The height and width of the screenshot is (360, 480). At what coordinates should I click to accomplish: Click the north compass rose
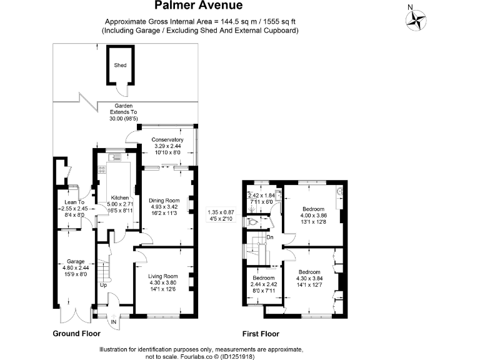click(415, 20)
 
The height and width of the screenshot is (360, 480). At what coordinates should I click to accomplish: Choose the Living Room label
click(163, 276)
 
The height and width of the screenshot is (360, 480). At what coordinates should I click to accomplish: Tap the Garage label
click(76, 262)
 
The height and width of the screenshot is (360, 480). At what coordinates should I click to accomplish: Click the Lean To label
click(74, 202)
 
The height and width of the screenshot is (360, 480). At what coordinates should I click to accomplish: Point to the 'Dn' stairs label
click(270, 237)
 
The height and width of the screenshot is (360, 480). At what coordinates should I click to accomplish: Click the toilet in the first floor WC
click(252, 221)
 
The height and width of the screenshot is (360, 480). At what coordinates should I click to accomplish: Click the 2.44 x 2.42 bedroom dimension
click(262, 284)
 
